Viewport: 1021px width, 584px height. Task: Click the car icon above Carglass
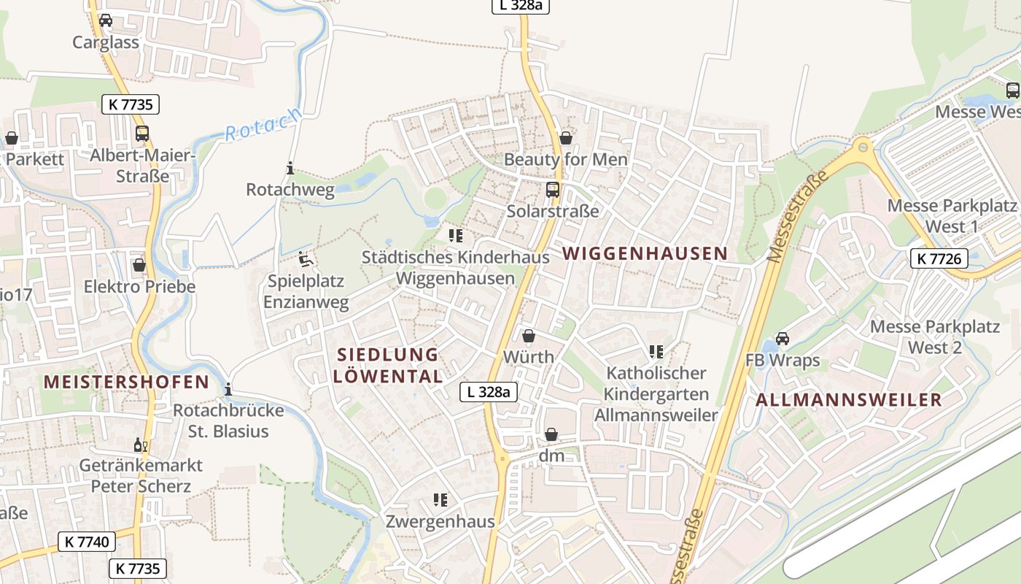click(106, 20)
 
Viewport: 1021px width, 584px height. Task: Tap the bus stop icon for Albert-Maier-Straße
click(142, 134)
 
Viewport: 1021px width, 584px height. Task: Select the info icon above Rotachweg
click(290, 169)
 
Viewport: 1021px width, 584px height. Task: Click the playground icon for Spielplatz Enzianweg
click(306, 259)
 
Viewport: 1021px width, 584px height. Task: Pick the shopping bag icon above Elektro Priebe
click(139, 264)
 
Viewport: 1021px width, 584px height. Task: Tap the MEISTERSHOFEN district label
click(126, 382)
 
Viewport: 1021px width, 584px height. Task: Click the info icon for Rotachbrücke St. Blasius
click(229, 389)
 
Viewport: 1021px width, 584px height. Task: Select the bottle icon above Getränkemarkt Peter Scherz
click(140, 444)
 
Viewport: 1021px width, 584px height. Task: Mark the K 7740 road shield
click(87, 542)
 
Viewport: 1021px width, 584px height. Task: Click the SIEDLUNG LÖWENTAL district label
click(388, 366)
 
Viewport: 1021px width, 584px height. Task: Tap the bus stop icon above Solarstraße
click(553, 190)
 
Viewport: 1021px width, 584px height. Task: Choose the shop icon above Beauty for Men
click(566, 137)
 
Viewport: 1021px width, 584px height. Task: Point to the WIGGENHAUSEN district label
click(645, 253)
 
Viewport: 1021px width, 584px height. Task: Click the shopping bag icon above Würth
click(529, 336)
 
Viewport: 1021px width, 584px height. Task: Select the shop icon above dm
click(551, 434)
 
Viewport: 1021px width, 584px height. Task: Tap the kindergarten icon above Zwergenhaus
click(440, 500)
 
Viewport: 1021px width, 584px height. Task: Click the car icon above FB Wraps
click(783, 339)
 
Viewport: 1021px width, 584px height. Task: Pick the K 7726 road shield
click(939, 258)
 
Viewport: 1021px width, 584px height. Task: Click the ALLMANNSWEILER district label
click(849, 400)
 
